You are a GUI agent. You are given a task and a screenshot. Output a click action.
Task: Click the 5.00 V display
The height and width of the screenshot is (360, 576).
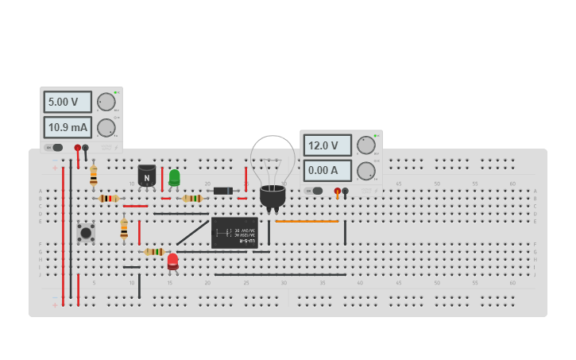click(68, 102)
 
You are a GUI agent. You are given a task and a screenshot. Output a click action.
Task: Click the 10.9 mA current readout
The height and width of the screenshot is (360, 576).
click(68, 127)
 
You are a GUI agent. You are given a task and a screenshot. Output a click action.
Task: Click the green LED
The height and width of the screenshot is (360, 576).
click(174, 177)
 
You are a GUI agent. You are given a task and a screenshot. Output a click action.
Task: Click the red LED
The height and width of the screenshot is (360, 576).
click(172, 261)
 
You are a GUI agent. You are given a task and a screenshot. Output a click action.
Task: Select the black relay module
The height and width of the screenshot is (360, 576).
click(234, 232)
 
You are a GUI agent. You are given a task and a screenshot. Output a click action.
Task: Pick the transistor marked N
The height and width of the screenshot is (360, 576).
click(147, 176)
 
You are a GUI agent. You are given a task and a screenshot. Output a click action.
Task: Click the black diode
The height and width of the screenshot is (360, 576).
click(223, 191)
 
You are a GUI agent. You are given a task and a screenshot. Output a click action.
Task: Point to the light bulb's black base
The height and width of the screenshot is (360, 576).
click(273, 195)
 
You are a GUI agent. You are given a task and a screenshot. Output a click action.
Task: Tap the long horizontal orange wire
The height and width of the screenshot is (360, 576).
click(307, 221)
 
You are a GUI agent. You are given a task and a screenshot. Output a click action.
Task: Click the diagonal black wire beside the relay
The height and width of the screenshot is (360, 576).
click(193, 232)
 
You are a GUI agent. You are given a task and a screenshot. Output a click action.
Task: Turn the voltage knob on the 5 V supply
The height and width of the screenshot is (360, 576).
click(106, 102)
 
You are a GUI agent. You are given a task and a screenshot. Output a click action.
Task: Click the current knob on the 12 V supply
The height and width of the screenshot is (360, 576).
click(365, 171)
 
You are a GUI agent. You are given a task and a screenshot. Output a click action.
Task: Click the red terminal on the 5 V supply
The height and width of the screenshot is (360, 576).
click(78, 148)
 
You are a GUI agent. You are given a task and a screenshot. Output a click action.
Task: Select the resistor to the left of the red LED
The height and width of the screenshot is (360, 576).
click(153, 252)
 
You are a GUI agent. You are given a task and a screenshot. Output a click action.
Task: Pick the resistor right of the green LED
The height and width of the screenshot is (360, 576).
click(192, 199)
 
